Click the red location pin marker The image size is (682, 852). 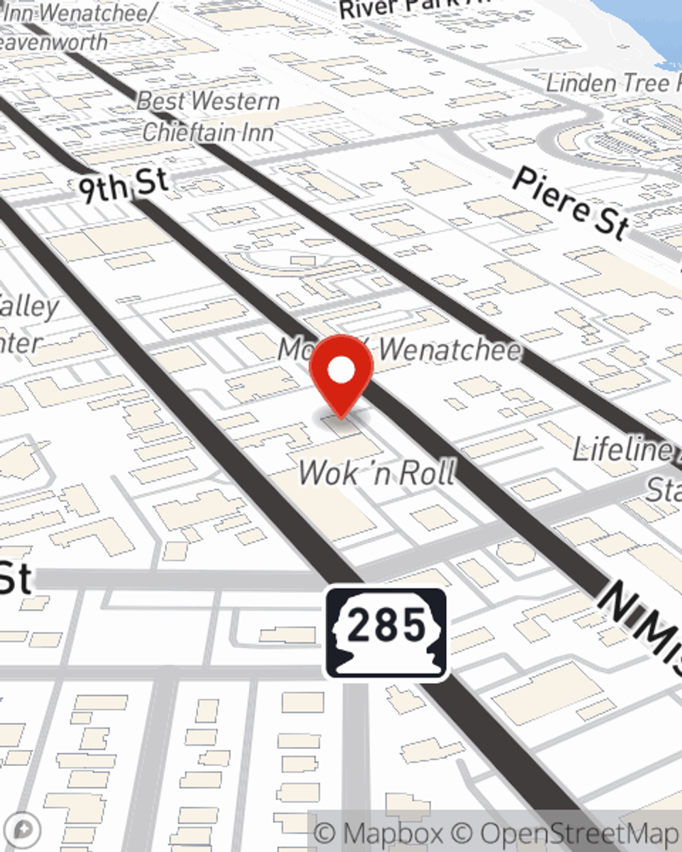[x=341, y=375]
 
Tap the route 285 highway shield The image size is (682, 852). [x=386, y=633]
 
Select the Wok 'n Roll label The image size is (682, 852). [x=377, y=472]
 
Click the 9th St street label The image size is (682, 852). [x=123, y=185]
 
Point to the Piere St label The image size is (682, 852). [x=570, y=203]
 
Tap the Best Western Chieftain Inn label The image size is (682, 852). [x=208, y=116]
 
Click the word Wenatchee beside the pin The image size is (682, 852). [x=450, y=350]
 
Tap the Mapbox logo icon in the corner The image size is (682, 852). [x=22, y=830]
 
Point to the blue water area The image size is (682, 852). [x=648, y=27]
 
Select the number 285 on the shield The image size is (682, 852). [x=386, y=625]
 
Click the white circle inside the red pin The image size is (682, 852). [x=341, y=370]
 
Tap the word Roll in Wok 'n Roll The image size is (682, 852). [x=426, y=472]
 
